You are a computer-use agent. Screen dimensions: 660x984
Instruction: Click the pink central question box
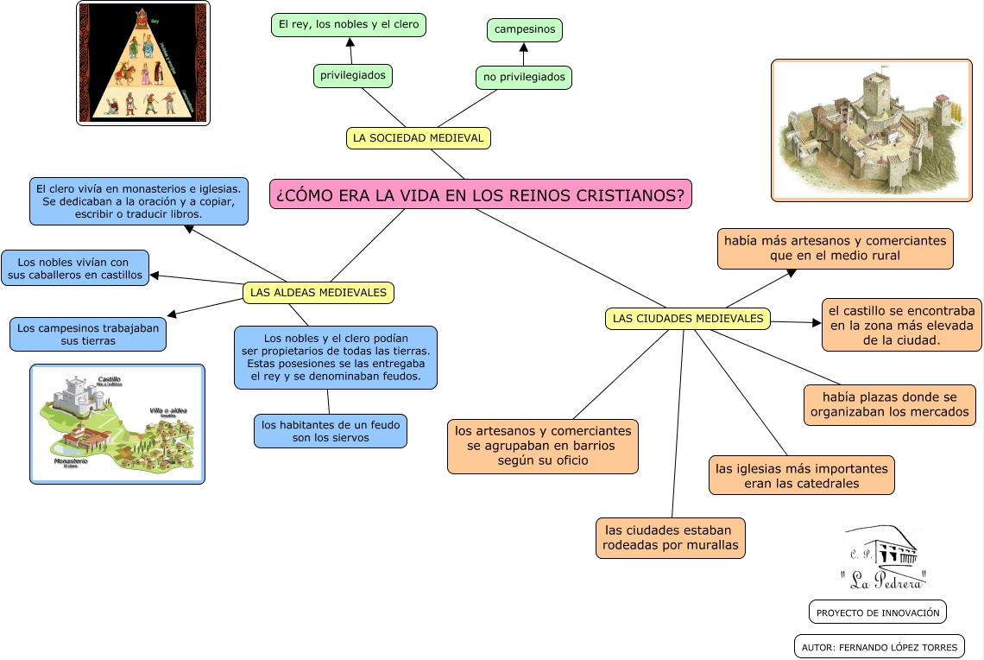(481, 194)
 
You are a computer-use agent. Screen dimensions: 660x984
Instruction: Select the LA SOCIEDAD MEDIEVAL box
(419, 138)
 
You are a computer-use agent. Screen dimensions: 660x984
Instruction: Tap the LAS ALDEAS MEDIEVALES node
(319, 293)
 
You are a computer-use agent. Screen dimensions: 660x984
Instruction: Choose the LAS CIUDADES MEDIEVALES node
(688, 319)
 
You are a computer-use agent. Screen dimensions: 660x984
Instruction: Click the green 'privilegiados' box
(352, 76)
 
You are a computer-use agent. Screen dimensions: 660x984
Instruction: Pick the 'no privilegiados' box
(524, 78)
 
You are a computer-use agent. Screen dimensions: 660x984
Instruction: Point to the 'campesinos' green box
(524, 30)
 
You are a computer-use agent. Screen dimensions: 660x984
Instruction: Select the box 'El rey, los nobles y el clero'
(349, 25)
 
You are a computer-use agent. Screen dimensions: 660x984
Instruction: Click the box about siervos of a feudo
(330, 431)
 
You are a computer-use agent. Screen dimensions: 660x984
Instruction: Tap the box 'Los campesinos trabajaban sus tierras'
(88, 334)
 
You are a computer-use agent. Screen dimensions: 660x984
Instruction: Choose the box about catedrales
(802, 475)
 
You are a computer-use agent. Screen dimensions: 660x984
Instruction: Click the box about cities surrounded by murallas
(671, 537)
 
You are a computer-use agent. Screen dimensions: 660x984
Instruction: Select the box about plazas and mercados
(890, 405)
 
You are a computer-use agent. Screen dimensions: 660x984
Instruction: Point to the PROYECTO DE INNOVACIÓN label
(878, 612)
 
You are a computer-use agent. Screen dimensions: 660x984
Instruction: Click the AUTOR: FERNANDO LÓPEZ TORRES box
(879, 646)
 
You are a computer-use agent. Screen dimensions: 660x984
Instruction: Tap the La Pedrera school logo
(883, 557)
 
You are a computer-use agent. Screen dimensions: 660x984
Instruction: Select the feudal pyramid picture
(143, 63)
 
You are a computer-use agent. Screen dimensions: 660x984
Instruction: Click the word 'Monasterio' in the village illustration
(71, 462)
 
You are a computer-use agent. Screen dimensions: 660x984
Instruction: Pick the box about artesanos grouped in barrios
(542, 446)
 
